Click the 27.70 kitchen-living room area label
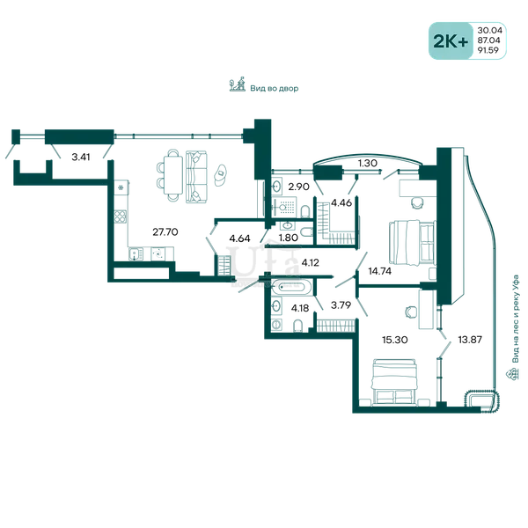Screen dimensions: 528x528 [x=165, y=232]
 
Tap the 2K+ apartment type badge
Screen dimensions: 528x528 [x=451, y=41]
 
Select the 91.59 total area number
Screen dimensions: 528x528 [x=488, y=50]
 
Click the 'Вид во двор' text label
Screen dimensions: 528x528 [x=274, y=89]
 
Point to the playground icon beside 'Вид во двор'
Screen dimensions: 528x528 [x=237, y=84]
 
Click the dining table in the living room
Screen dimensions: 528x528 [x=173, y=175]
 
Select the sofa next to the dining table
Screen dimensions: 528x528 [x=196, y=177]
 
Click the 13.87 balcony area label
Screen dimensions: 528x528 [x=470, y=340]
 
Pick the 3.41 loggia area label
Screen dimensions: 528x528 [x=81, y=157]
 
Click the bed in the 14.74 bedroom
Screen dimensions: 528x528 [x=412, y=242]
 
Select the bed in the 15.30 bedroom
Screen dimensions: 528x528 [x=394, y=382]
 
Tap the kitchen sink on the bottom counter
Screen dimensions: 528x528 [x=136, y=254]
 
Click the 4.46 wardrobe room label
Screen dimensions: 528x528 [x=341, y=202]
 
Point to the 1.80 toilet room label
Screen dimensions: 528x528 [x=289, y=238]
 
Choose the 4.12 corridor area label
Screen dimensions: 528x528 [x=310, y=262]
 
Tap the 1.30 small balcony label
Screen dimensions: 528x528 [x=367, y=164]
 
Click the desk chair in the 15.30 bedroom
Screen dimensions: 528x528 [x=411, y=312]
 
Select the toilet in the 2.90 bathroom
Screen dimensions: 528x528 [x=305, y=211]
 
